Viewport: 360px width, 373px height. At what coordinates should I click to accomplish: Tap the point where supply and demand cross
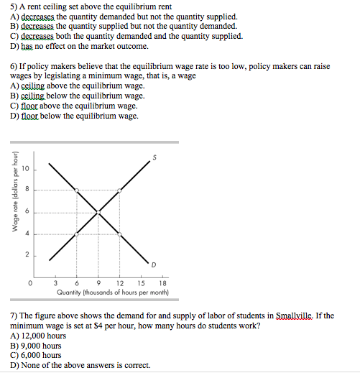click(98, 211)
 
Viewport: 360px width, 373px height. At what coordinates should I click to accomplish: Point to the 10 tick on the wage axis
click(24, 169)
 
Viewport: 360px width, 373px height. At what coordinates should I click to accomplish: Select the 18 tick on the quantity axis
click(162, 282)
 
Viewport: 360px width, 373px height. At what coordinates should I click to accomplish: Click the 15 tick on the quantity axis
click(141, 282)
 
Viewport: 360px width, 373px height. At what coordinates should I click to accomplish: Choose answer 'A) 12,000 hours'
click(38, 335)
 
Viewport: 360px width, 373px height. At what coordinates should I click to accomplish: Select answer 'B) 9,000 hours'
click(36, 345)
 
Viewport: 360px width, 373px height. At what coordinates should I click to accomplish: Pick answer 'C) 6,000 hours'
click(36, 354)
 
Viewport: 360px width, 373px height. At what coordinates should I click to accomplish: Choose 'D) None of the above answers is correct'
click(80, 364)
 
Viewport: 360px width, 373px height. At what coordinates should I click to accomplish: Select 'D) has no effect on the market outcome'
click(79, 45)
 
